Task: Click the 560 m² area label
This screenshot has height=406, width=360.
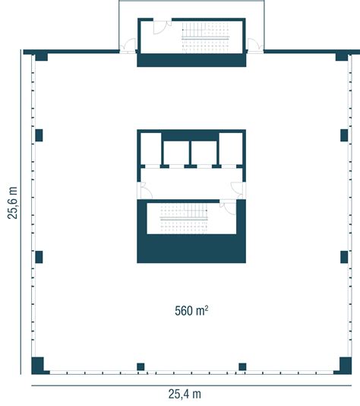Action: pyautogui.click(x=191, y=310)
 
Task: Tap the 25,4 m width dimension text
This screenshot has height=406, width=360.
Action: pyautogui.click(x=185, y=394)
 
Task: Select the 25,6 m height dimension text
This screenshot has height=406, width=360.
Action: pyautogui.click(x=12, y=202)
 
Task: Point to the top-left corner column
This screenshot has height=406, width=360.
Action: pyautogui.click(x=41, y=58)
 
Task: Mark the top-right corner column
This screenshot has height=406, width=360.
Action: pyautogui.click(x=342, y=58)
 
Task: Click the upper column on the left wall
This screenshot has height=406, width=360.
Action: pyautogui.click(x=39, y=135)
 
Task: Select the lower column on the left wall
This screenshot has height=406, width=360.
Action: pyautogui.click(x=39, y=257)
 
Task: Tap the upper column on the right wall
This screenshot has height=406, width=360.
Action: pyautogui.click(x=344, y=135)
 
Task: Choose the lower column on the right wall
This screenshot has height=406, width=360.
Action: pyautogui.click(x=344, y=257)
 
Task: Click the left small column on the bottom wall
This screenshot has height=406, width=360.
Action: pyautogui.click(x=141, y=366)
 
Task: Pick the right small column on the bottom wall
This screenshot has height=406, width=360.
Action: pyautogui.click(x=242, y=366)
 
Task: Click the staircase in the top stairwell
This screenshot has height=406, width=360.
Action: pyautogui.click(x=206, y=37)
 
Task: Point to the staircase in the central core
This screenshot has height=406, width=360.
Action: pyautogui.click(x=184, y=218)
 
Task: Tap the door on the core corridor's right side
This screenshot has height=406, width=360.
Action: pyautogui.click(x=237, y=190)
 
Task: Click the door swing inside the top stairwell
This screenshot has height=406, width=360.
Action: pyautogui.click(x=161, y=27)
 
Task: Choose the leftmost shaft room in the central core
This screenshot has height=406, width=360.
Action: pyautogui.click(x=150, y=148)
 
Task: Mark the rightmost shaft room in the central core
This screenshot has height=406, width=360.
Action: pyautogui.click(x=231, y=148)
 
